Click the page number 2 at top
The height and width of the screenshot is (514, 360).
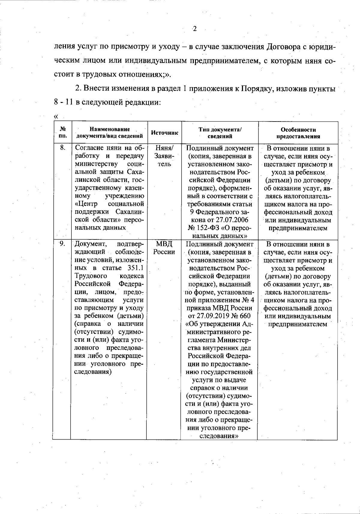click(194, 29)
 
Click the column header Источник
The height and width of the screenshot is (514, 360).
click(164, 133)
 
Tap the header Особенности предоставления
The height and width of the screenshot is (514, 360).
click(298, 133)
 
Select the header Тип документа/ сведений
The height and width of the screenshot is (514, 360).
click(220, 133)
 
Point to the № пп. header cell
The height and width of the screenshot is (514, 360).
click(63, 133)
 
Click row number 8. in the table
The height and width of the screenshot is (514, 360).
click(62, 148)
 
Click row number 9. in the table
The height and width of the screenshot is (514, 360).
click(62, 244)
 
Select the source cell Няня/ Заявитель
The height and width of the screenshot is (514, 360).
click(164, 156)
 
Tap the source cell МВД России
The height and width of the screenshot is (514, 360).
click(164, 248)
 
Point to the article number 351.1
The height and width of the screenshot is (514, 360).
click(135, 268)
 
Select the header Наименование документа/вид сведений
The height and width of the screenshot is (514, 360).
click(109, 133)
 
